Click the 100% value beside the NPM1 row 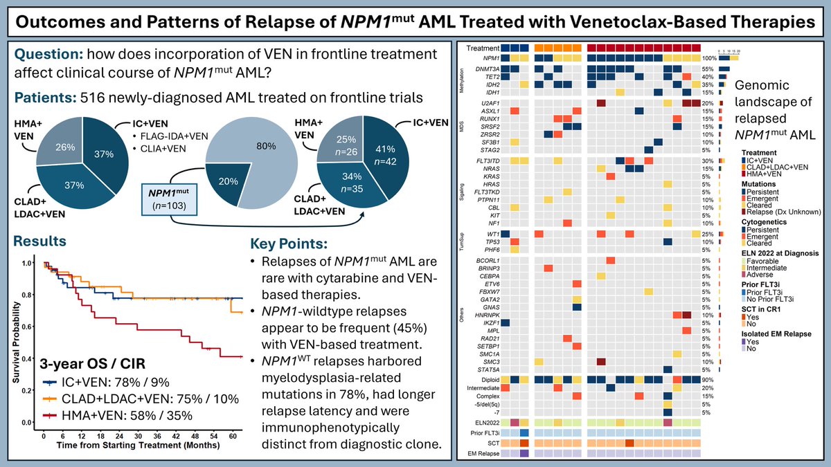pos(708,58)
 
